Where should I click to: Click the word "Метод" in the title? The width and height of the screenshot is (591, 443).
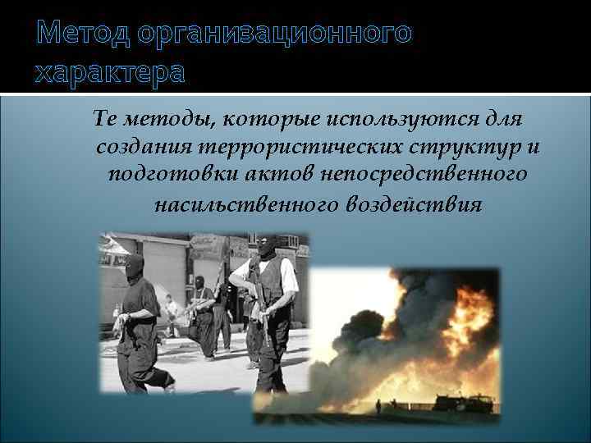pyautogui.click(x=82, y=34)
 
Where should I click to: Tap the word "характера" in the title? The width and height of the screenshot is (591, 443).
pyautogui.click(x=110, y=74)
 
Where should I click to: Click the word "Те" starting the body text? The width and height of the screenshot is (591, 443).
pyautogui.click(x=107, y=120)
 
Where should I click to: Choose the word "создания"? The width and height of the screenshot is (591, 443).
pyautogui.click(x=143, y=148)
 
